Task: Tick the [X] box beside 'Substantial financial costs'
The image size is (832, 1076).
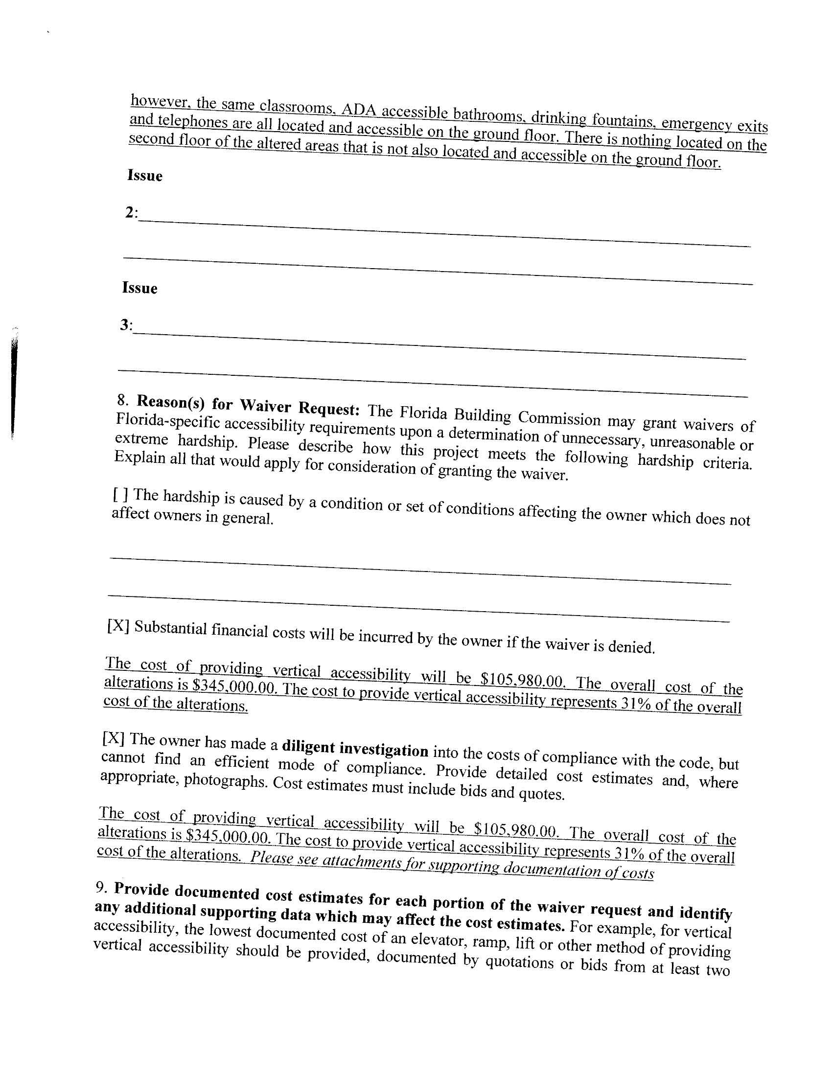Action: [118, 626]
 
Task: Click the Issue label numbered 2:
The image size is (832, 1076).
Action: [131, 213]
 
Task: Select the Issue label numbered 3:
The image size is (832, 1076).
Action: [126, 325]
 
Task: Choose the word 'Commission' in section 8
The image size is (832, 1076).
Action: [559, 418]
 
